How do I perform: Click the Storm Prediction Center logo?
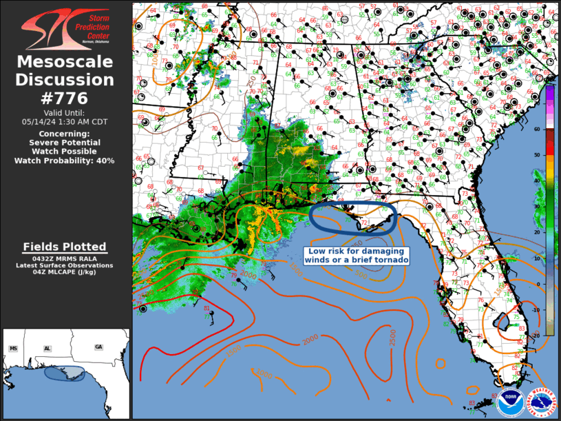pos(65,28)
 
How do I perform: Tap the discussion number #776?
pos(65,99)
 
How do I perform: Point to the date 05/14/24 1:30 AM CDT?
pos(65,121)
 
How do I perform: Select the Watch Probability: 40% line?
pos(65,161)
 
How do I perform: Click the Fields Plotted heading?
pos(65,247)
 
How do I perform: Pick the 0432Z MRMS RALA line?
pos(65,258)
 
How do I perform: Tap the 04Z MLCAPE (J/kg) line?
pos(65,271)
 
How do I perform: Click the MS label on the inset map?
pos(13,349)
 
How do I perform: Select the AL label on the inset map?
pos(47,349)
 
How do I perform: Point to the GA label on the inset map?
pos(98,347)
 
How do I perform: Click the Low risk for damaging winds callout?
pos(357,256)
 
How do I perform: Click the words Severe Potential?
pos(65,143)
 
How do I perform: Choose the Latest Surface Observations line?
pos(65,265)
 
